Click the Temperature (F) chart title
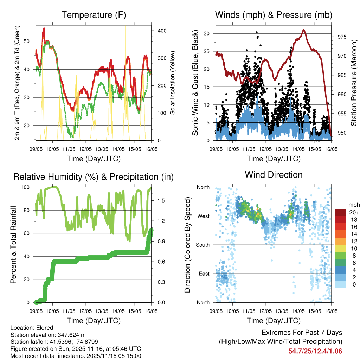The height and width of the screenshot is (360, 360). click(x=94, y=15)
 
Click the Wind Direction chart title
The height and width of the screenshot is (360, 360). click(x=274, y=175)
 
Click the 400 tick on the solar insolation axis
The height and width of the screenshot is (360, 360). click(x=162, y=31)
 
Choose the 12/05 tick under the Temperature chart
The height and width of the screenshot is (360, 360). click(x=85, y=149)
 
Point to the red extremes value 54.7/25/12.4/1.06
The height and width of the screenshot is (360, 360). click(x=315, y=351)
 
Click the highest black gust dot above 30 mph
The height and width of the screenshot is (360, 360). click(x=256, y=32)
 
